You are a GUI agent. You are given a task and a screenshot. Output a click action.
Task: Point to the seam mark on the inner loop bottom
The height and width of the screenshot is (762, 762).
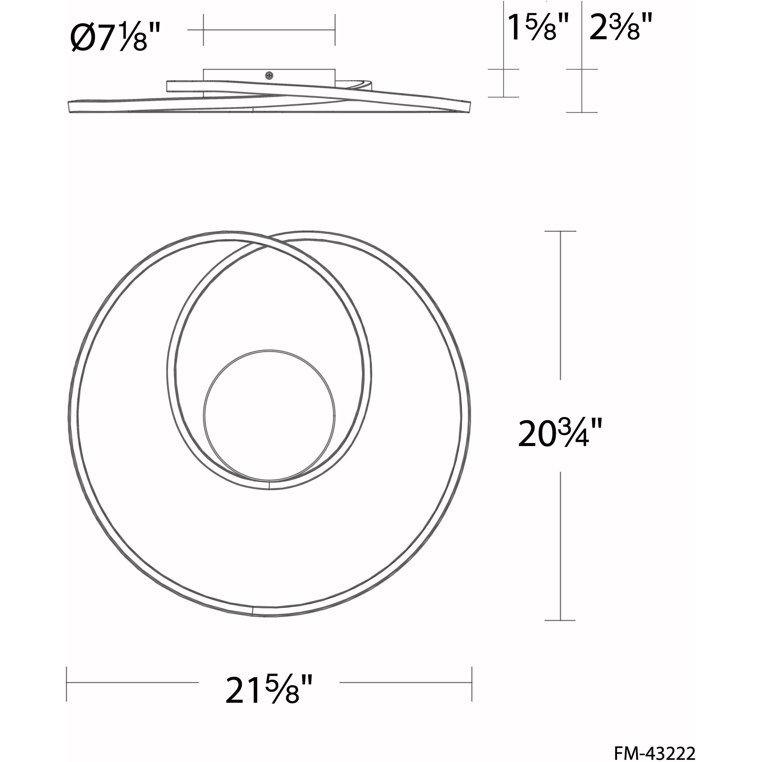269,485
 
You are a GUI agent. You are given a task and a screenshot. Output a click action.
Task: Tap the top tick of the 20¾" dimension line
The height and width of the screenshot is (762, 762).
560,231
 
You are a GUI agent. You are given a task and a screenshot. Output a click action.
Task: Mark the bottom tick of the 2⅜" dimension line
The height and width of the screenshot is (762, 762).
582,112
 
